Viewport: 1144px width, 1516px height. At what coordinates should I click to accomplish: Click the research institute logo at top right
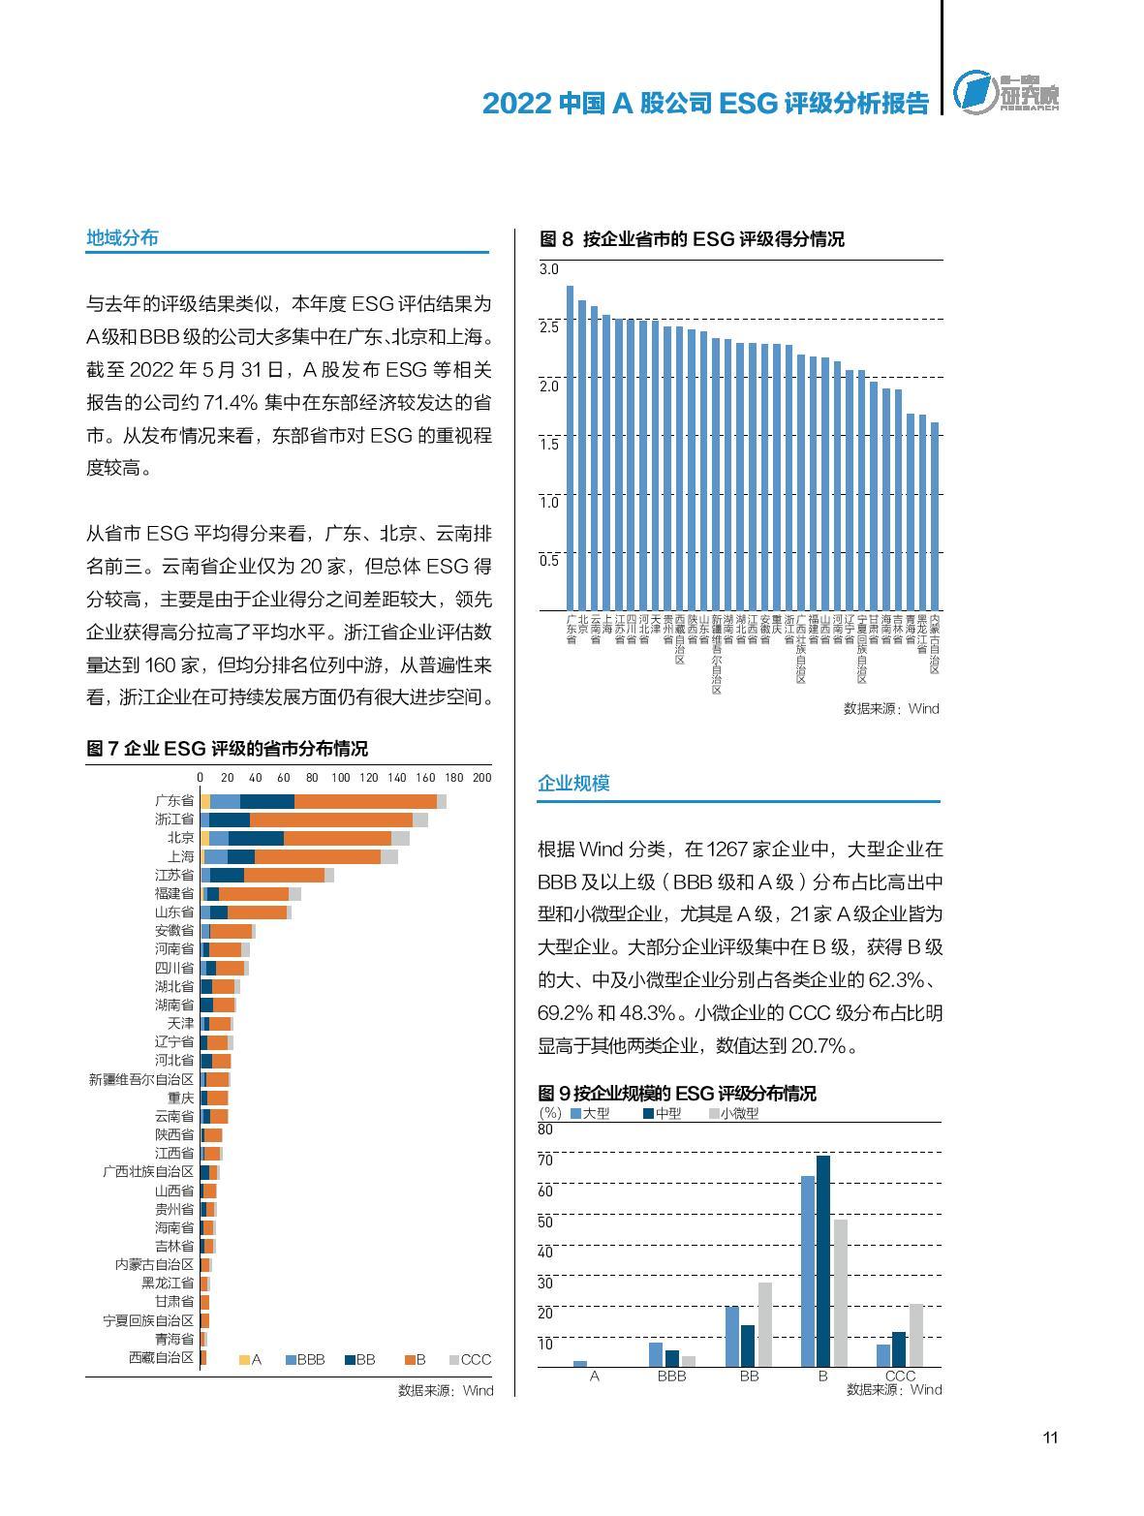[1005, 93]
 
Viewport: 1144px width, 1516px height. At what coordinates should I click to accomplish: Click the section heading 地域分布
[122, 238]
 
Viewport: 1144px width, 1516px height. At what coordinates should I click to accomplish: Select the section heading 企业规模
[573, 784]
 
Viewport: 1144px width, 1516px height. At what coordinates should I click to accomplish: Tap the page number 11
[1050, 1438]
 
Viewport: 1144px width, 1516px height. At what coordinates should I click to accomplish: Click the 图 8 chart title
[691, 239]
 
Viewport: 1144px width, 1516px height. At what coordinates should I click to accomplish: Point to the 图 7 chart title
[227, 749]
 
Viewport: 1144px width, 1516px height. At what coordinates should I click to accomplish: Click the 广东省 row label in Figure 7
[174, 801]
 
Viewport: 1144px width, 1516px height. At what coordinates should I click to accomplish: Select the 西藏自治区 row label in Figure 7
[161, 1358]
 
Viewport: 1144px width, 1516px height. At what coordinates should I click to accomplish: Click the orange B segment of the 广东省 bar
[365, 801]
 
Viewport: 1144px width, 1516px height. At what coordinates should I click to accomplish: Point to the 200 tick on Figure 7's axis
[481, 778]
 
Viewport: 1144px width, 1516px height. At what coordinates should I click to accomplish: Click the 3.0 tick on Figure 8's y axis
[549, 269]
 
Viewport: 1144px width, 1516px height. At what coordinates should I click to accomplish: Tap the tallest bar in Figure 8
[570, 448]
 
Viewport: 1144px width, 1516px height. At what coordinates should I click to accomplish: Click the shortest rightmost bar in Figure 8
[935, 515]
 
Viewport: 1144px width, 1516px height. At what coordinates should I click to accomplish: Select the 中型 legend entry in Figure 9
[662, 1114]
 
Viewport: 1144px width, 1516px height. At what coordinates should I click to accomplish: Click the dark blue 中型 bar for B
[823, 1261]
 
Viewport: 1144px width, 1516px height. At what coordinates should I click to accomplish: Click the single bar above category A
[580, 1363]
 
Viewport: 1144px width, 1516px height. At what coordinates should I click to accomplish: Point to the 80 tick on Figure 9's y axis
[545, 1129]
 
